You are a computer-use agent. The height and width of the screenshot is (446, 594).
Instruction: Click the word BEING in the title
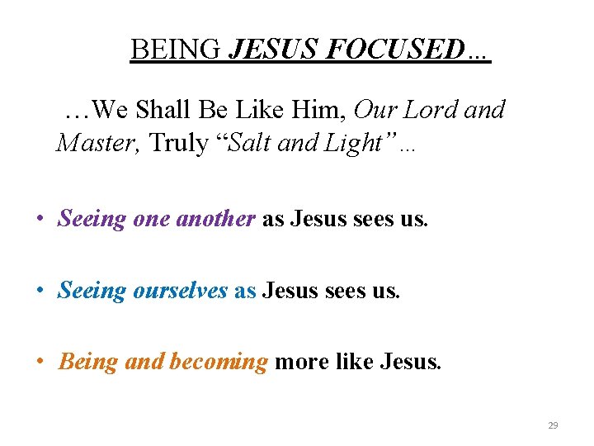point(176,50)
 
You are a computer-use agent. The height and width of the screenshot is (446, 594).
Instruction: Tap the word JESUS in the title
point(274,50)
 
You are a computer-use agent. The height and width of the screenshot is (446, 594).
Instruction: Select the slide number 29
point(553,425)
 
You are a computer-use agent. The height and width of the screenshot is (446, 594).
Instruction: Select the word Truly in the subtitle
point(179,143)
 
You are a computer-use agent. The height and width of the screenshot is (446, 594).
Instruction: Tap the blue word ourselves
point(180,290)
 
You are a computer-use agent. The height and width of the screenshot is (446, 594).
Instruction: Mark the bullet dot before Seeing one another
point(39,220)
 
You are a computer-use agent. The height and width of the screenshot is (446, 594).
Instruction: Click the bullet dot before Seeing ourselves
point(39,291)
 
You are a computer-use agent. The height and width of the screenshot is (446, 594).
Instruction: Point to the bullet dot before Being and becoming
point(39,363)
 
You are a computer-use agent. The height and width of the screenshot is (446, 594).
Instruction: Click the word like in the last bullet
point(351,362)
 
